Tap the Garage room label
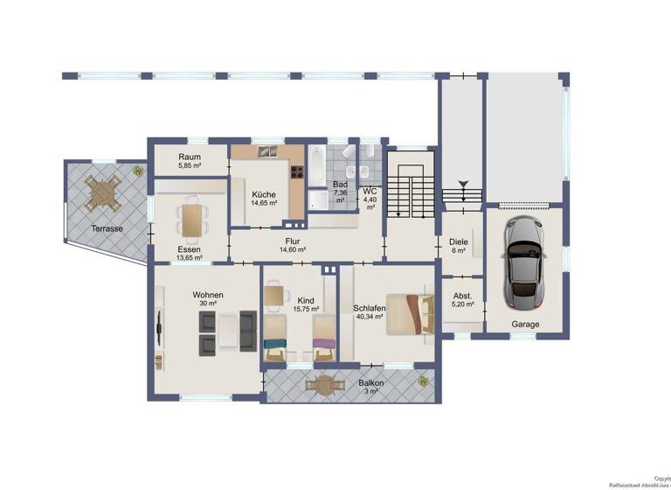[525, 324]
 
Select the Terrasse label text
[107, 228]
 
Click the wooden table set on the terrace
[103, 192]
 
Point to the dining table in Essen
[191, 220]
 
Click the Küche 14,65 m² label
[264, 198]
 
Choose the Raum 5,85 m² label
[190, 159]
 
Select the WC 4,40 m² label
[370, 198]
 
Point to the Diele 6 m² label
[459, 247]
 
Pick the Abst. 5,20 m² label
[460, 300]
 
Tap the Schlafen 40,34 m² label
[370, 313]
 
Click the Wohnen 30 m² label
[208, 299]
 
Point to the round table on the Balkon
[323, 383]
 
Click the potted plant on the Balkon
[423, 381]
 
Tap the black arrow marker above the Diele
[462, 184]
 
